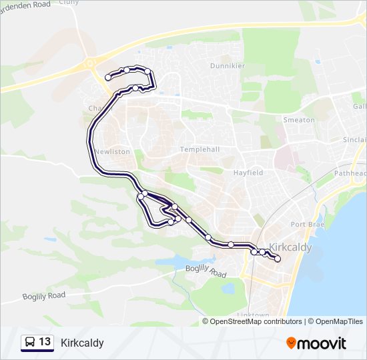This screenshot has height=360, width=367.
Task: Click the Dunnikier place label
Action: [228, 66]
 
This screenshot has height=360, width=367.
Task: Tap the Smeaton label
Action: [298, 120]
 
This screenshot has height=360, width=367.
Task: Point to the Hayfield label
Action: [248, 172]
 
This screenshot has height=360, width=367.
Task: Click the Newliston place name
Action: [112, 151]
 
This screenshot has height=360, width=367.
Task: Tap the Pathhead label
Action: [352, 173]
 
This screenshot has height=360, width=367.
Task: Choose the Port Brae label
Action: [307, 224]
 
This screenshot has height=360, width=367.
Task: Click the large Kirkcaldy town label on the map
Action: [290, 247]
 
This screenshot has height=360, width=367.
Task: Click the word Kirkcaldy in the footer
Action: [82, 343]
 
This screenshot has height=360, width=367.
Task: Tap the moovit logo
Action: [316, 343]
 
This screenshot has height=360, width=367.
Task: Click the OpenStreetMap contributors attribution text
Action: [256, 321]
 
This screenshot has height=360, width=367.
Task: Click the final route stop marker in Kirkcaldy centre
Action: [278, 259]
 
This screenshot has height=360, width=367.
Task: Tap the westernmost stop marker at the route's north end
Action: [108, 77]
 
